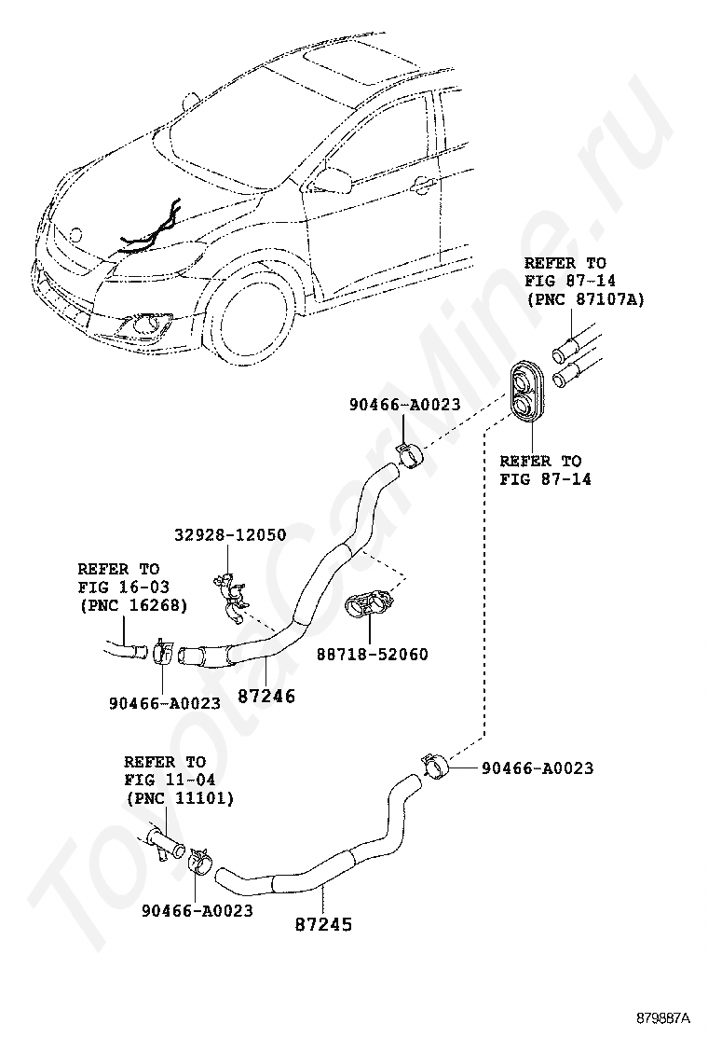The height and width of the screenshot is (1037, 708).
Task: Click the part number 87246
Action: (x=265, y=695)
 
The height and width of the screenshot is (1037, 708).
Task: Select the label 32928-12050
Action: (x=230, y=534)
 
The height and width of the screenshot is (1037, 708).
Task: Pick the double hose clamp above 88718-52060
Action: (x=372, y=605)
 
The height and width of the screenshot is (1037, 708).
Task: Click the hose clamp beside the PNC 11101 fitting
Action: (x=197, y=860)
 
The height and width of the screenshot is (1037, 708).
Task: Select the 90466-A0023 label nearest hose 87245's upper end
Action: (x=537, y=768)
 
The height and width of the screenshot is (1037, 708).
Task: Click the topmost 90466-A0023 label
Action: (x=405, y=404)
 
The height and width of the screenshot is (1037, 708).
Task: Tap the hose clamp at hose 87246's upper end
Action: (x=409, y=454)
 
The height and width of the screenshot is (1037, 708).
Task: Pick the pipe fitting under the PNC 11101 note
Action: (x=161, y=842)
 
